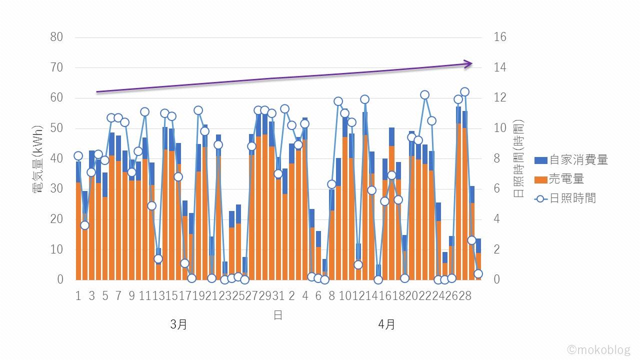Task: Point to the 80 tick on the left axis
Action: coord(57,37)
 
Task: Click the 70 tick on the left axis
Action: coord(57,67)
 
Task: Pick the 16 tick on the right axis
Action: coord(499,37)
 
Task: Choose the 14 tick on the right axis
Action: coord(499,67)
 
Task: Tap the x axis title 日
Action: coord(278,315)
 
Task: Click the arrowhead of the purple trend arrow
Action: coord(469,63)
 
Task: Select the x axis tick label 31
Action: coord(278,296)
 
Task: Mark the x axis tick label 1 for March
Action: coord(78,296)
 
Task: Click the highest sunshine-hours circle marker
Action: coord(464,91)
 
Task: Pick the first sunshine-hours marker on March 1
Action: coord(78,156)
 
